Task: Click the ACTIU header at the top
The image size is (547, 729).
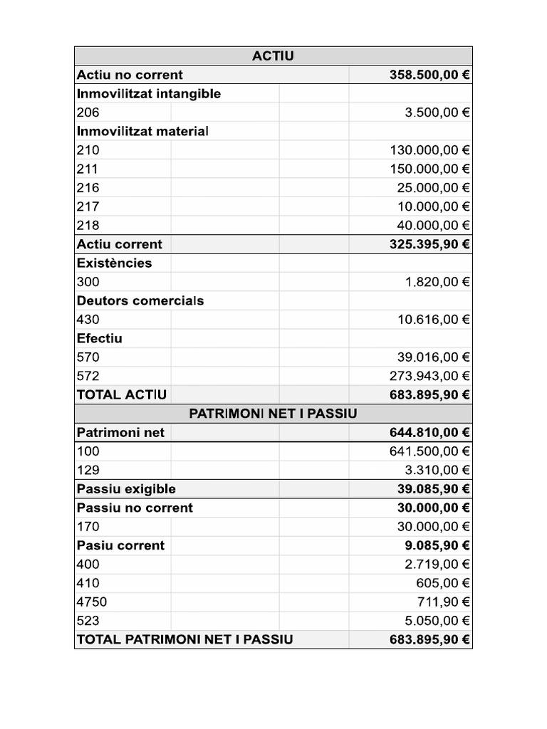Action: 273,56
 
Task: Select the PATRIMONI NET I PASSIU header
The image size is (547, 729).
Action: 273,414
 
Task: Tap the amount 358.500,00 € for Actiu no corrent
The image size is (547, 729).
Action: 429,75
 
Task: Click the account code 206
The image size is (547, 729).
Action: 88,112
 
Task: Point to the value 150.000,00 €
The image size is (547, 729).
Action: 429,169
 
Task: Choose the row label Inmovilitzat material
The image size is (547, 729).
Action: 142,131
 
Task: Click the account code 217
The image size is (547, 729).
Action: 88,206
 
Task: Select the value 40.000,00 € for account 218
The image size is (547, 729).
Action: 433,225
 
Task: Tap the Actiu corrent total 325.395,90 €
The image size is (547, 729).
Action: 429,244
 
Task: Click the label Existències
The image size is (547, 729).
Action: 114,263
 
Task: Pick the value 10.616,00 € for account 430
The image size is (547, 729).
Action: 433,320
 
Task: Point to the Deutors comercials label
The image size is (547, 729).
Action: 140,300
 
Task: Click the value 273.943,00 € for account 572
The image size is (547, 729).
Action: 429,376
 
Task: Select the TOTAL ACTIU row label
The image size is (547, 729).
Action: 121,394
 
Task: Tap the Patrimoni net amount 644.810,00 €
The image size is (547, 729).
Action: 429,432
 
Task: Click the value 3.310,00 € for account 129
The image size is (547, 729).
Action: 437,470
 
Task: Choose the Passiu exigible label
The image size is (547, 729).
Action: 126,489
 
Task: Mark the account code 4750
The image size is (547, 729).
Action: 91,602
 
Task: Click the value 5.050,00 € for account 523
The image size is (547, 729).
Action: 437,621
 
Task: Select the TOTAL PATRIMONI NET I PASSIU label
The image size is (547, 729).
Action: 184,639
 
